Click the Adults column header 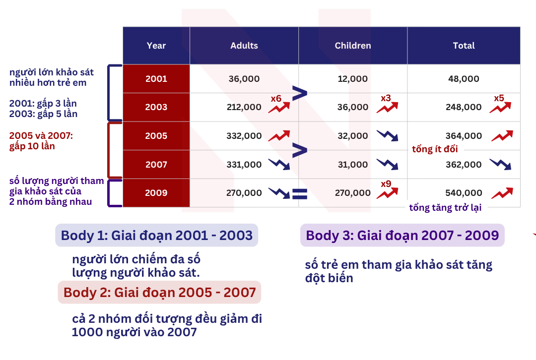244,46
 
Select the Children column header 353,46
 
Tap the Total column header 464,46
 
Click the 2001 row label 156,78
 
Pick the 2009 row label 156,192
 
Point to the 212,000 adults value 244,107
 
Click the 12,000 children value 353,79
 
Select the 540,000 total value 464,193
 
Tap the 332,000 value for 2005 244,136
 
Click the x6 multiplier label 276,99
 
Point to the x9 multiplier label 386,184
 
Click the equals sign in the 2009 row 300,194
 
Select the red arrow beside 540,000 502,193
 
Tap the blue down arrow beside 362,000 500,164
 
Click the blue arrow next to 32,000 387,135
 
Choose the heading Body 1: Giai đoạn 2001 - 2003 156,236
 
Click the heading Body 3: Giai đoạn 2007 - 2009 402,236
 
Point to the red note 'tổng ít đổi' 435,149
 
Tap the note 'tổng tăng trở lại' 445,207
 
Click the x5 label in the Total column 499,98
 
